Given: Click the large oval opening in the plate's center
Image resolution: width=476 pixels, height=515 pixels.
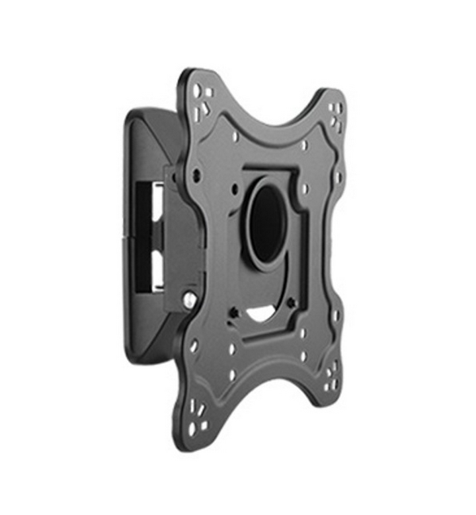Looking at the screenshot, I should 268,221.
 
